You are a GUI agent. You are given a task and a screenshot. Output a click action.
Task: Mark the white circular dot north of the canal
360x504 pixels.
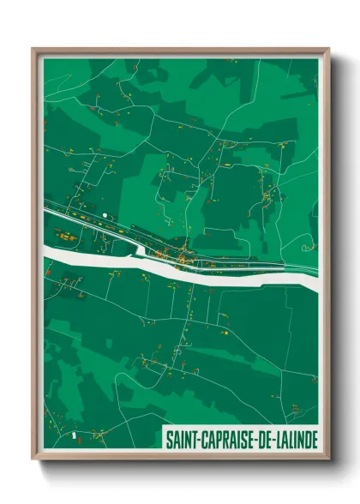pyautogui.click(x=104, y=214)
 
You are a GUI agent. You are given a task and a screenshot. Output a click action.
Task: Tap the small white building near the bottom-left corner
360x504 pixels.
pyautogui.click(x=75, y=435)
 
